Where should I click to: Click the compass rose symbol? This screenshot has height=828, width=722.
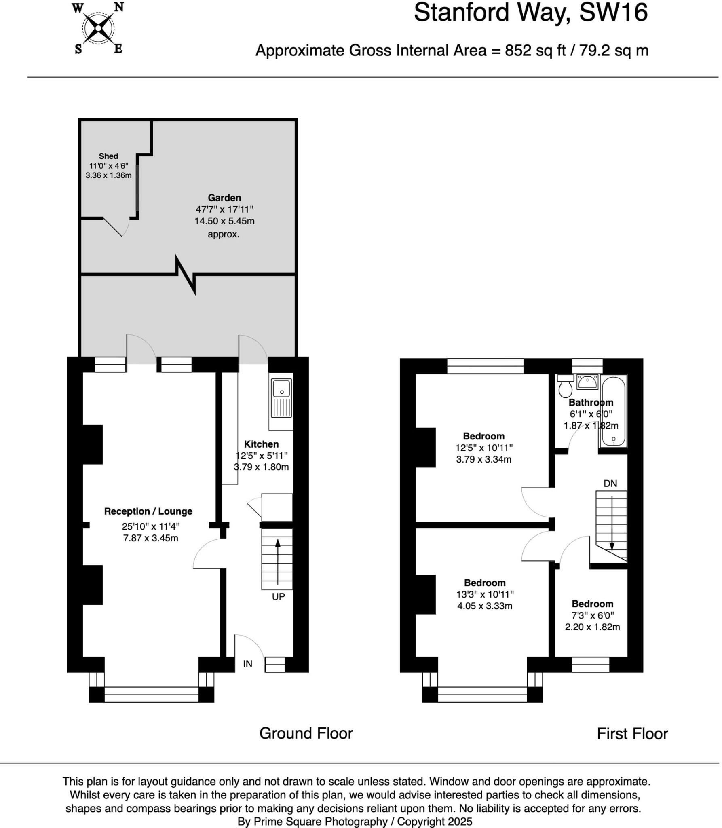coord(98,28)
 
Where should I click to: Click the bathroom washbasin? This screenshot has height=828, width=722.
coord(587,382)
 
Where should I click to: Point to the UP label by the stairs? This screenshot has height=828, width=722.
coord(278,597)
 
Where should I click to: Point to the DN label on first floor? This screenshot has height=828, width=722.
coord(610,483)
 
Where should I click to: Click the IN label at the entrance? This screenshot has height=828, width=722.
coord(247,664)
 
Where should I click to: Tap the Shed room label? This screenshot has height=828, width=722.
coord(108,156)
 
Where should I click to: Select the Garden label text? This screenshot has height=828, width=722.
coord(224,198)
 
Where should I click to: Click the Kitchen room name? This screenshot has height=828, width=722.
coord(261,444)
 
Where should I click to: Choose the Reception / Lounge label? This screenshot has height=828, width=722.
coord(148,511)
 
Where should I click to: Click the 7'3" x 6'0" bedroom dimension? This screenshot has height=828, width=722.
coord(593,615)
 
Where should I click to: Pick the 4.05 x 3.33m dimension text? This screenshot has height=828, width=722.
coord(485,606)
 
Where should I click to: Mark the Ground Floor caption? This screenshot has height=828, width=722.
coord(306,733)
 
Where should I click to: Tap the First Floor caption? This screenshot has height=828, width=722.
coord(632,734)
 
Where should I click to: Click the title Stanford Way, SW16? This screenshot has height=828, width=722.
coord(530,13)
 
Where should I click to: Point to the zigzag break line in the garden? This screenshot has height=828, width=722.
coord(186,275)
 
